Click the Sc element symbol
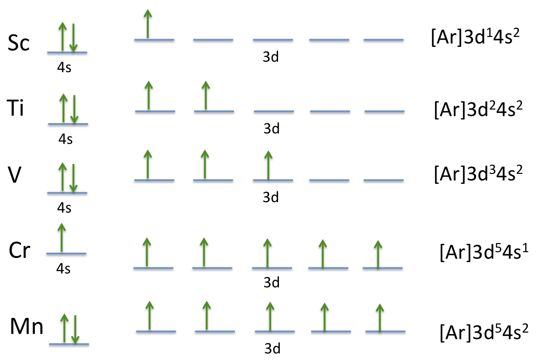tap(19, 43)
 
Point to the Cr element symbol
tap(20, 251)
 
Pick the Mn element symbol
tap(27, 327)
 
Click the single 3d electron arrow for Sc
tap(148, 24)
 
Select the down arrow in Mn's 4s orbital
tap(75, 329)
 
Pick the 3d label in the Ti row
tap(272, 129)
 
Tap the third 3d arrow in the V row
tap(268, 165)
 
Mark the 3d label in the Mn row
tap(272, 348)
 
